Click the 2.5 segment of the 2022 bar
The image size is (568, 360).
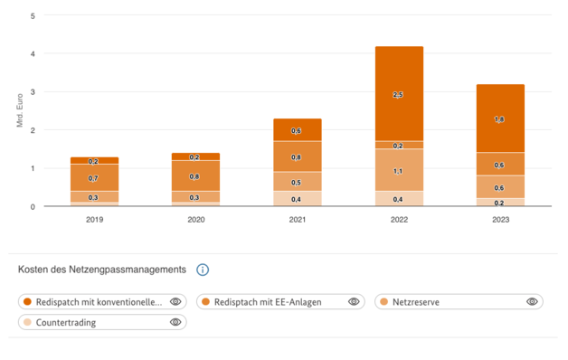coord(399,94)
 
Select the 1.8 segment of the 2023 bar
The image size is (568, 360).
coord(500,118)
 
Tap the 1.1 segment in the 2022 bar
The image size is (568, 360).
coord(399,171)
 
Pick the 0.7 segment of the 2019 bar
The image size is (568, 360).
coord(94,178)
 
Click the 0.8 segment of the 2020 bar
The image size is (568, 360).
coord(195,176)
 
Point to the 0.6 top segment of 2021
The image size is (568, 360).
coord(297,130)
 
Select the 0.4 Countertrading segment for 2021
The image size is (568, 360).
coord(297,199)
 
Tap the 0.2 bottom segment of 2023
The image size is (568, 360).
coord(500,203)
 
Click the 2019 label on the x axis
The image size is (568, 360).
coord(94,219)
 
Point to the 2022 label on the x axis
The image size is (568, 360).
coord(399,219)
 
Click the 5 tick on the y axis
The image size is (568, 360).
coord(33,16)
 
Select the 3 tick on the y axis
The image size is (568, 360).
coord(33,92)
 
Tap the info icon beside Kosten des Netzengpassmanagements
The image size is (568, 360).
coord(203,270)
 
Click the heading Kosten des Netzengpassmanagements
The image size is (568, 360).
coord(102,270)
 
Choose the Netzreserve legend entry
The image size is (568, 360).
coord(416,301)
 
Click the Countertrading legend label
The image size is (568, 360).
coord(65,322)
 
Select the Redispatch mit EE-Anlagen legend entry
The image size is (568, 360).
coord(267,301)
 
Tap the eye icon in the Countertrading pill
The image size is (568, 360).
coord(175,322)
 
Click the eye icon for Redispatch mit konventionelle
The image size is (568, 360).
coord(175,301)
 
